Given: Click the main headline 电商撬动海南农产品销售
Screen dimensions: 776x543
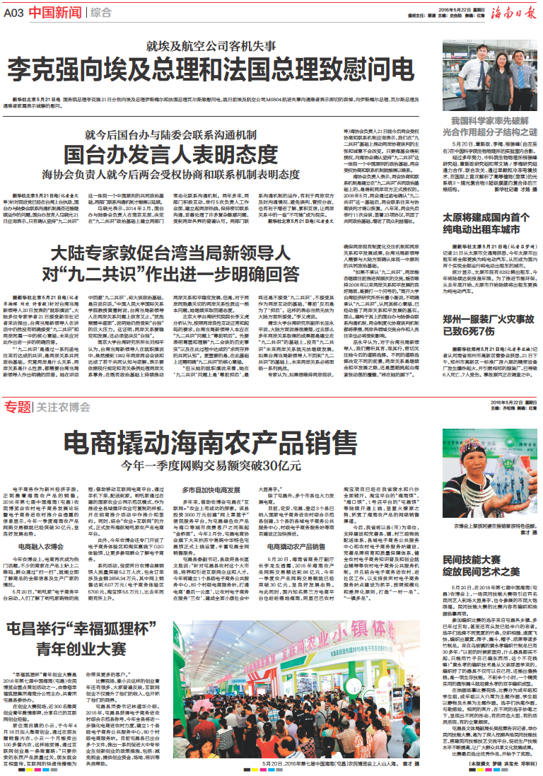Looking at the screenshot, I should point(211,444).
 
